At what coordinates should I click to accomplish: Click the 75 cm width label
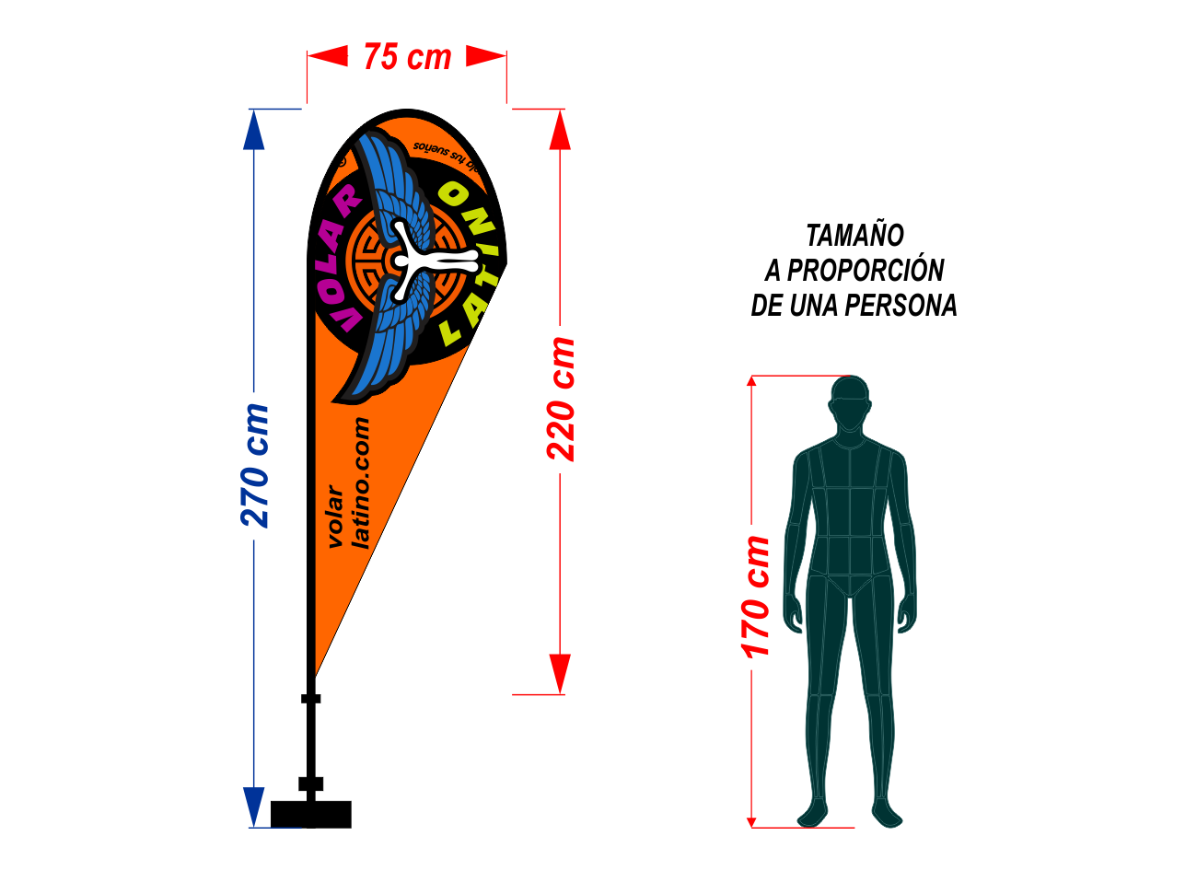click(407, 57)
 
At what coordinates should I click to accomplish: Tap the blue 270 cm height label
click(255, 466)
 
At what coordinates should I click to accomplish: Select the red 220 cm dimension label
click(561, 399)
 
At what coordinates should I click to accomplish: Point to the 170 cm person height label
click(756, 597)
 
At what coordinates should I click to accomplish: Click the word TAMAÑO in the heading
click(854, 236)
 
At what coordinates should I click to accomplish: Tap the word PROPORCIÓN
click(865, 271)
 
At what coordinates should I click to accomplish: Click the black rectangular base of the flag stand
click(310, 814)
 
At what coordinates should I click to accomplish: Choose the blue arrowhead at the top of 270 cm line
click(254, 129)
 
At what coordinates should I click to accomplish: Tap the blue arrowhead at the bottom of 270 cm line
click(254, 807)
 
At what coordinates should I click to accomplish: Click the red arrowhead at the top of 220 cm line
click(560, 129)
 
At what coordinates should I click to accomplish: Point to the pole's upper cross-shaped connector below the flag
click(311, 699)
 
